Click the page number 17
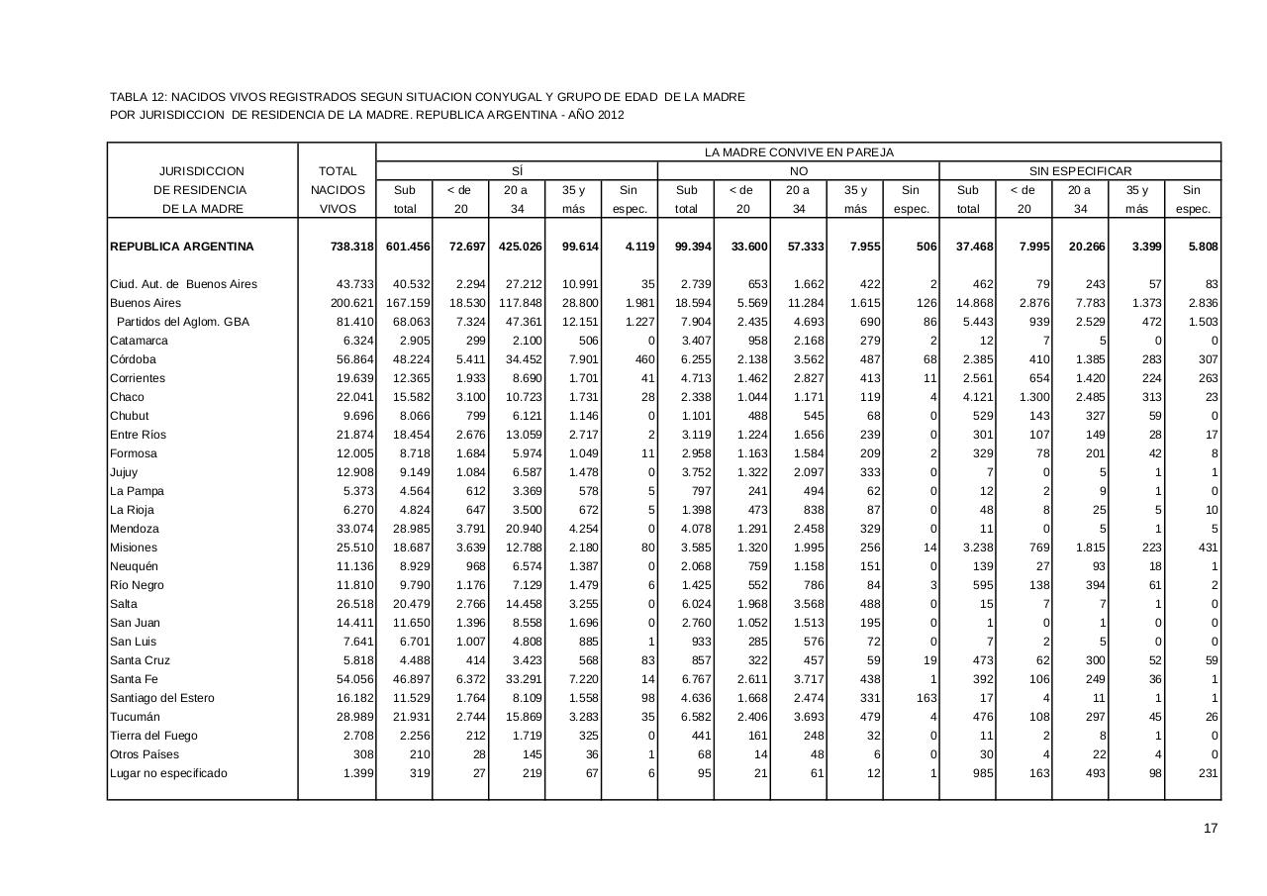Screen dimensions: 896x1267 pos(1211,829)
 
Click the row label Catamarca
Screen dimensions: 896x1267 pos(140,341)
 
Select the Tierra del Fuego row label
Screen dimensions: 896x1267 pos(153,736)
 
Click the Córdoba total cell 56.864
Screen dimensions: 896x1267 pos(354,359)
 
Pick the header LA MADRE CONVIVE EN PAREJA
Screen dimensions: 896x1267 pos(799,152)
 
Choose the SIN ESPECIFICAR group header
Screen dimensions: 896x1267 pos(1080,171)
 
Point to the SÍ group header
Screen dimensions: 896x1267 pos(517,171)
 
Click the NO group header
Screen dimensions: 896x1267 pos(798,171)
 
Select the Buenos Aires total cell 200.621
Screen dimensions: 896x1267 pos(351,303)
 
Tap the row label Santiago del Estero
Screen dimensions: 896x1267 pos(162,698)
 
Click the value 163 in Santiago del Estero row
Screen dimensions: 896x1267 pos(926,698)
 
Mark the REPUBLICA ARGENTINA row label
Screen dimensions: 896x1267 pos(182,247)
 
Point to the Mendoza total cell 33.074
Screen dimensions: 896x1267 pos(354,529)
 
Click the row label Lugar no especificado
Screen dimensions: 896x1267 pos(168,773)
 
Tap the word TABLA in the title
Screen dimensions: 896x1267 pos(129,97)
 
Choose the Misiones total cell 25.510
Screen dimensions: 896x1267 pos(354,548)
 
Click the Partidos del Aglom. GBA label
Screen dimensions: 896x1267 pos(182,322)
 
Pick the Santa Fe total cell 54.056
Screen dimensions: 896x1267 pos(354,679)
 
